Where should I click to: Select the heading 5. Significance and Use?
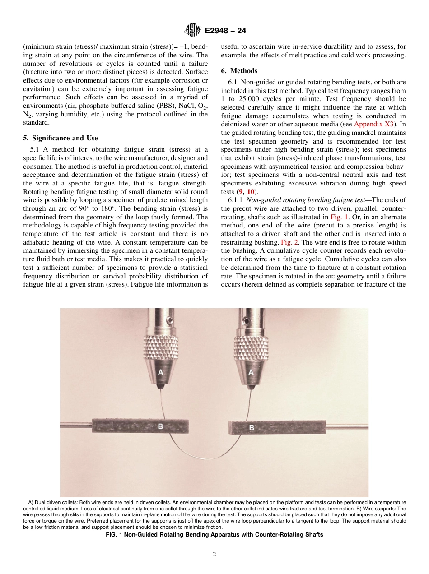pos(61,138)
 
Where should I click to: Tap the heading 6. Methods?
pos(239,71)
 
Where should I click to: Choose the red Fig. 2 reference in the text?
pos(290,242)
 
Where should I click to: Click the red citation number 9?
pos(242,191)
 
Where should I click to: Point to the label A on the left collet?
pos(160,372)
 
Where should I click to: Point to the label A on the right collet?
pos(251,372)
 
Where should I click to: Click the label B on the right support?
pos(252,427)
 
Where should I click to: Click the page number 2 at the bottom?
pos(214,555)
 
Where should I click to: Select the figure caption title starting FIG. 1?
pos(214,535)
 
